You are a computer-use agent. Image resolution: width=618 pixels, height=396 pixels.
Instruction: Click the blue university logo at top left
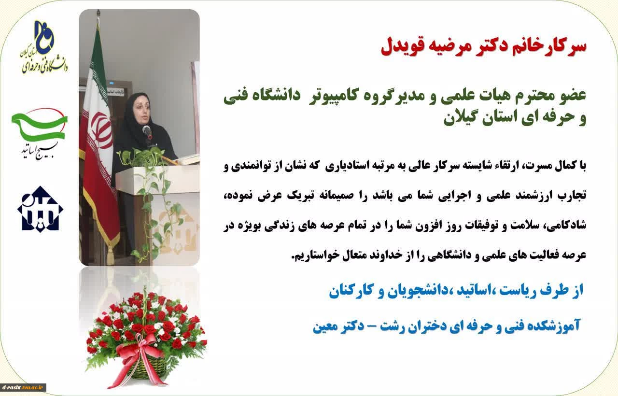pos(44,47)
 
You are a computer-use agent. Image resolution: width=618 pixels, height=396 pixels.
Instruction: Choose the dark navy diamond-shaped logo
pos(40,209)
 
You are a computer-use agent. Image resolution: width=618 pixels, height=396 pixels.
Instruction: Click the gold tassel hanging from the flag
pos(111,254)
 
